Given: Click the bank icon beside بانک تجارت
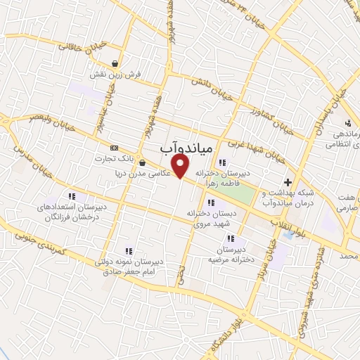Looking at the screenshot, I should coord(114,147).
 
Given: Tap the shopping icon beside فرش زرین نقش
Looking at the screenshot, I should coord(115,62).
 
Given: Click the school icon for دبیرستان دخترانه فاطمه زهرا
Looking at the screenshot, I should coord(223,162).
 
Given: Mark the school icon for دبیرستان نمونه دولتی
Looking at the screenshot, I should coord(128,250).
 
